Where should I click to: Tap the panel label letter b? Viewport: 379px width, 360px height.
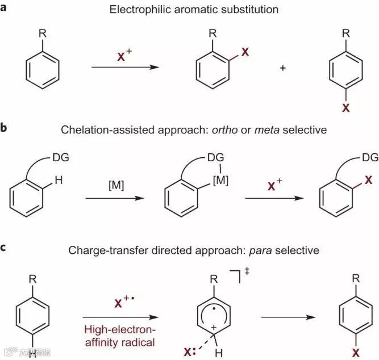(x=5, y=129)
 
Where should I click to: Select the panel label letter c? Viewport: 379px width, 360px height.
(x=5, y=248)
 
